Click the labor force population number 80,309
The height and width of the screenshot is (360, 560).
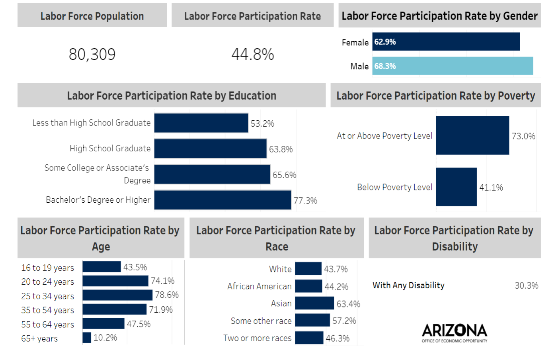tap(92, 54)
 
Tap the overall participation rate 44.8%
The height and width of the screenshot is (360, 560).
tap(253, 54)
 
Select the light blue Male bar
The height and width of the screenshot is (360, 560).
tap(453, 66)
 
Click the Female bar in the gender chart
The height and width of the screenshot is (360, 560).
tap(446, 42)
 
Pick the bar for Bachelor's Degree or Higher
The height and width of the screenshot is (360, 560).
tap(222, 200)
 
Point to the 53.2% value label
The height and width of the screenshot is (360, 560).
tap(262, 123)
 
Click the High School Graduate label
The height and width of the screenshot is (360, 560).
tap(110, 149)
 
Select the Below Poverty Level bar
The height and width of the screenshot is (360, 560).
tap(456, 187)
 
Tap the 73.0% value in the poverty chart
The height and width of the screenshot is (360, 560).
tap(523, 136)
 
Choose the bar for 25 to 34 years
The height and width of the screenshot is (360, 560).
tap(117, 295)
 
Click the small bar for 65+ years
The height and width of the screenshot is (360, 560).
tap(87, 338)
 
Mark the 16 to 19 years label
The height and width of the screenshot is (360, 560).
tap(47, 268)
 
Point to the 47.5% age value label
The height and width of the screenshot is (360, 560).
tap(139, 324)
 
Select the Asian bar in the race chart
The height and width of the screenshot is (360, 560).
tap(314, 303)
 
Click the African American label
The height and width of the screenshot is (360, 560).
tap(259, 286)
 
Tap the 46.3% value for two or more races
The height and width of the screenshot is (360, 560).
tap(338, 338)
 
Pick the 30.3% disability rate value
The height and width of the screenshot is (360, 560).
tap(526, 286)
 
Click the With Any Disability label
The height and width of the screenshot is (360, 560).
tap(408, 286)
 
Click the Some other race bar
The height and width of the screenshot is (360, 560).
tap(312, 321)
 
